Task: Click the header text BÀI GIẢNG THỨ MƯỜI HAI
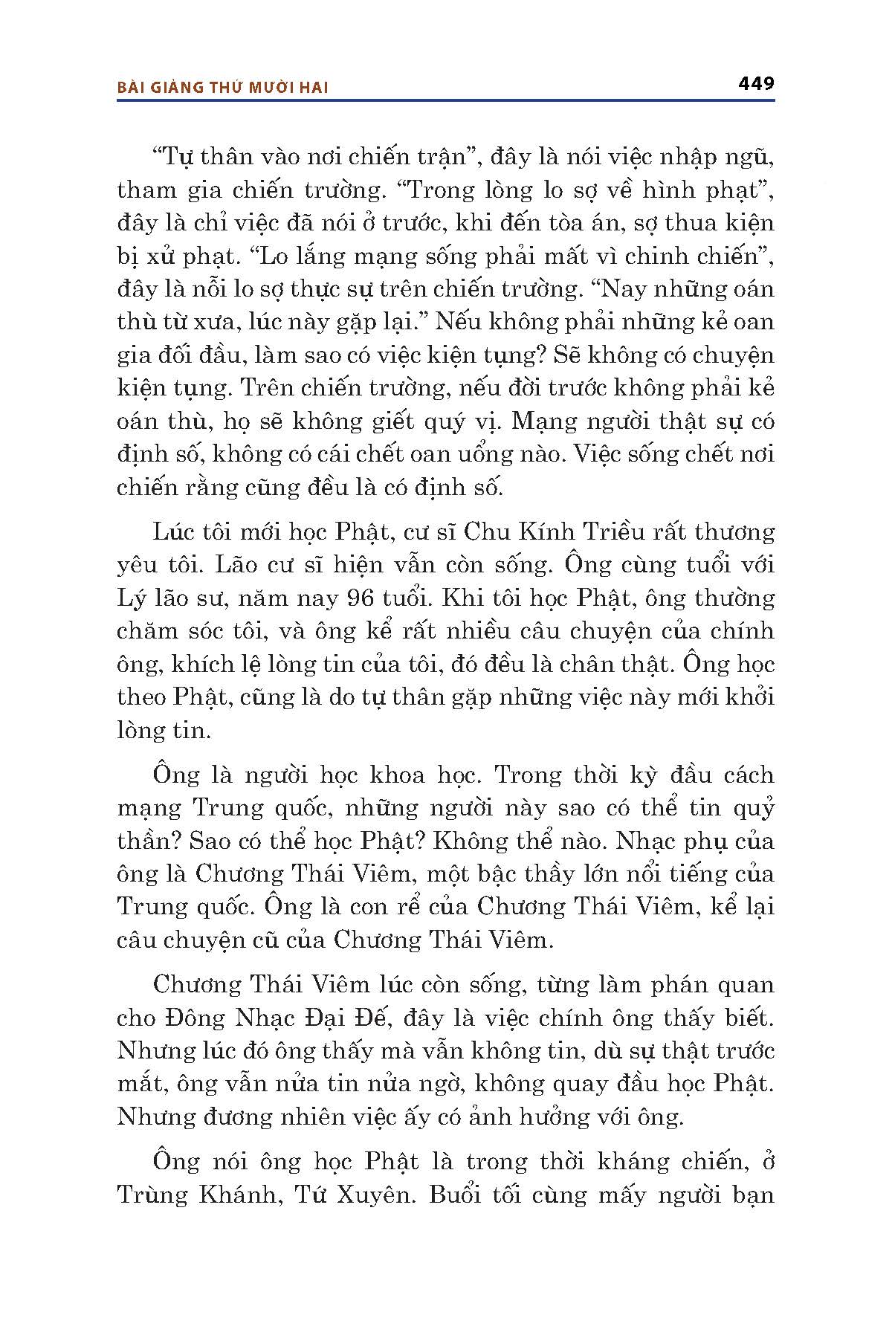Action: click(x=223, y=87)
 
